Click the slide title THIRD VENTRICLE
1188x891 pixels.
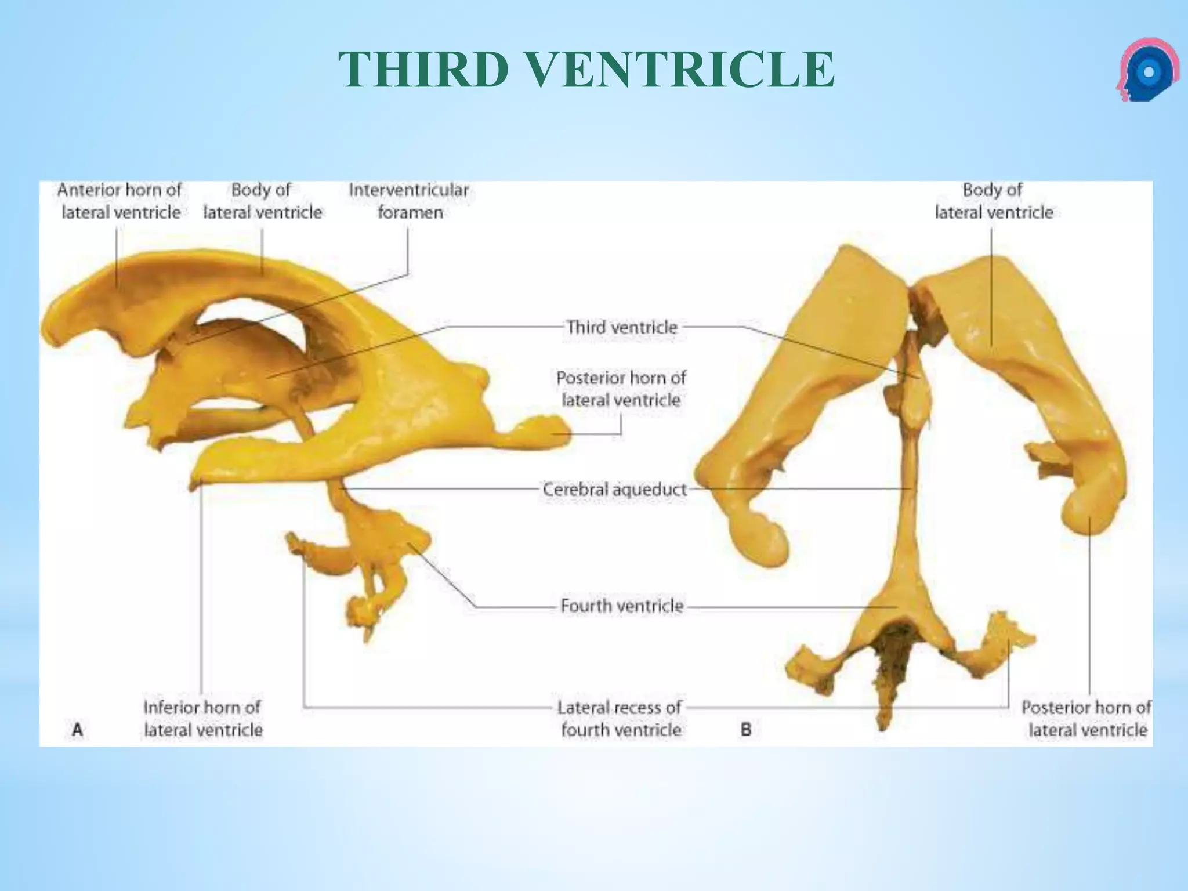(x=586, y=70)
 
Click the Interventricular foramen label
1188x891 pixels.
(x=409, y=201)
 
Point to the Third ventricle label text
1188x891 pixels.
(x=622, y=327)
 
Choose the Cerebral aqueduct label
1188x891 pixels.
(x=614, y=490)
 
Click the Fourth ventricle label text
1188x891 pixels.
(x=622, y=606)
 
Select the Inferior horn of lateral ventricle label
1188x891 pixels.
(x=203, y=719)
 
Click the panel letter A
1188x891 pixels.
(x=77, y=729)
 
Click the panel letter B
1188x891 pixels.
(x=747, y=729)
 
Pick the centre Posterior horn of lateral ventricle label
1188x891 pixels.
(x=621, y=389)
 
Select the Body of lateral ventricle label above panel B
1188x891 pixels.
(x=993, y=201)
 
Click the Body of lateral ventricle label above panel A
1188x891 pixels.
(x=262, y=201)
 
